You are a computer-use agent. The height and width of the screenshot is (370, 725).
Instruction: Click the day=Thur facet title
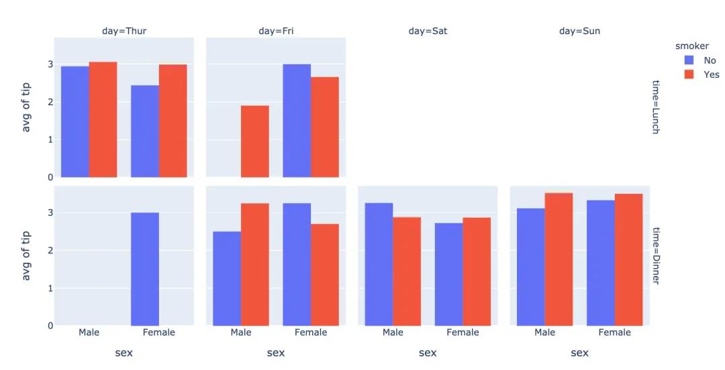tap(124, 31)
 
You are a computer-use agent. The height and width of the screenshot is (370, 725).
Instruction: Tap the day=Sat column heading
tap(428, 31)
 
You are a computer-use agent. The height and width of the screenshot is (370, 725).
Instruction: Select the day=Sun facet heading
tap(579, 31)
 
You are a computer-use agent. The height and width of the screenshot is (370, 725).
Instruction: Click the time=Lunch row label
tap(656, 107)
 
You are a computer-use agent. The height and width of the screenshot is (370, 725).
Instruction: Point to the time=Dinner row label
tap(656, 255)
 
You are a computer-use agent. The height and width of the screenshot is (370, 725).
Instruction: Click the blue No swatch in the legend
tap(689, 60)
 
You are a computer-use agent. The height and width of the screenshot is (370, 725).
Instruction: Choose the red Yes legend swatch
tap(689, 74)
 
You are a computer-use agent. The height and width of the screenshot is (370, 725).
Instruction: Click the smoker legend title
tap(691, 46)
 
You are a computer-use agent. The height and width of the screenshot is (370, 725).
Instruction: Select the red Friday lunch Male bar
tap(255, 141)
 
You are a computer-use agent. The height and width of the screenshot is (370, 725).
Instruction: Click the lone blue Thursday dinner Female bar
tap(145, 269)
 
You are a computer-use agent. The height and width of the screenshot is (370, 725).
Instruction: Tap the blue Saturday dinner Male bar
tap(379, 264)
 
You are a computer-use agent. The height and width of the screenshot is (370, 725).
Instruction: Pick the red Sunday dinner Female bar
tap(628, 259)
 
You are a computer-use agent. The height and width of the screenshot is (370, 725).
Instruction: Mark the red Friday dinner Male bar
tap(255, 264)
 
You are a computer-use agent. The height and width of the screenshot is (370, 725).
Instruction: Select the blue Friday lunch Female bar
tap(297, 121)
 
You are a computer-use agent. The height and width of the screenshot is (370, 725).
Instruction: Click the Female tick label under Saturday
tap(463, 332)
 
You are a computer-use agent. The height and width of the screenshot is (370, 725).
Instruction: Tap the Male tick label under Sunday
tap(544, 332)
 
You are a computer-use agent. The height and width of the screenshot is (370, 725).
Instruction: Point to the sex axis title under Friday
tap(276, 353)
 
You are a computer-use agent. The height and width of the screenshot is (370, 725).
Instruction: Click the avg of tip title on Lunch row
tap(26, 107)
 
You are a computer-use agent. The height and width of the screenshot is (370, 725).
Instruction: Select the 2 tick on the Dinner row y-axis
tap(50, 251)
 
